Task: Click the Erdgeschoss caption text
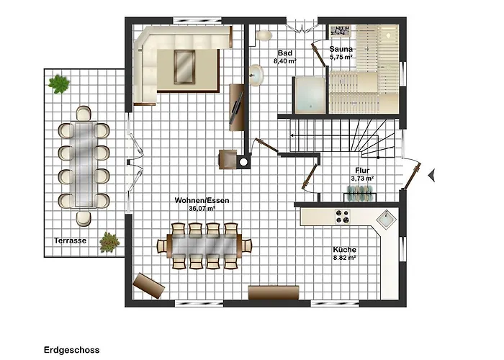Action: point(72,350)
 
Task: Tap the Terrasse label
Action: point(70,240)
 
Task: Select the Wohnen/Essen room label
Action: point(202,200)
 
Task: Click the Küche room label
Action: point(345,249)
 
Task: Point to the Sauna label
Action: point(341,49)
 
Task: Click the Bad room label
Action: point(285,53)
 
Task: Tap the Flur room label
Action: point(362,171)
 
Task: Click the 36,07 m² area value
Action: point(202,208)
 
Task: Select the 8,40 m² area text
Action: point(285,60)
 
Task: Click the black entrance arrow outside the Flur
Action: point(432,175)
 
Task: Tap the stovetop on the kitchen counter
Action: point(342,216)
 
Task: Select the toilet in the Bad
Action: point(264,35)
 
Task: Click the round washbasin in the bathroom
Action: point(256,76)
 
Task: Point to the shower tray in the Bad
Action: point(310,95)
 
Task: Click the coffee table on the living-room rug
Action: point(184,67)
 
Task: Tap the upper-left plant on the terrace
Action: point(59,84)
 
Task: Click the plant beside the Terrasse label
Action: point(109,243)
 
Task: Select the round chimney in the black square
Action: point(243,162)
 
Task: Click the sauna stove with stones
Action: point(340,32)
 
